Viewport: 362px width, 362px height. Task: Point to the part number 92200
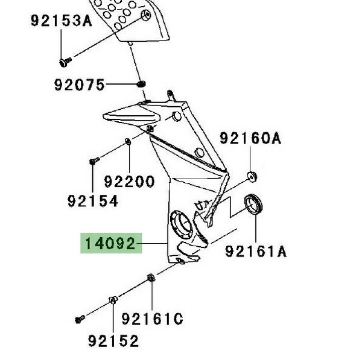click(x=129, y=180)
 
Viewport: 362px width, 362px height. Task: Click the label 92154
click(x=92, y=201)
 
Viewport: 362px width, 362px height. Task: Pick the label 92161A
click(x=256, y=250)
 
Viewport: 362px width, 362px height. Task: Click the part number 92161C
click(x=152, y=319)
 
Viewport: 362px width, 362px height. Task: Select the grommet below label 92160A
click(x=252, y=176)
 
